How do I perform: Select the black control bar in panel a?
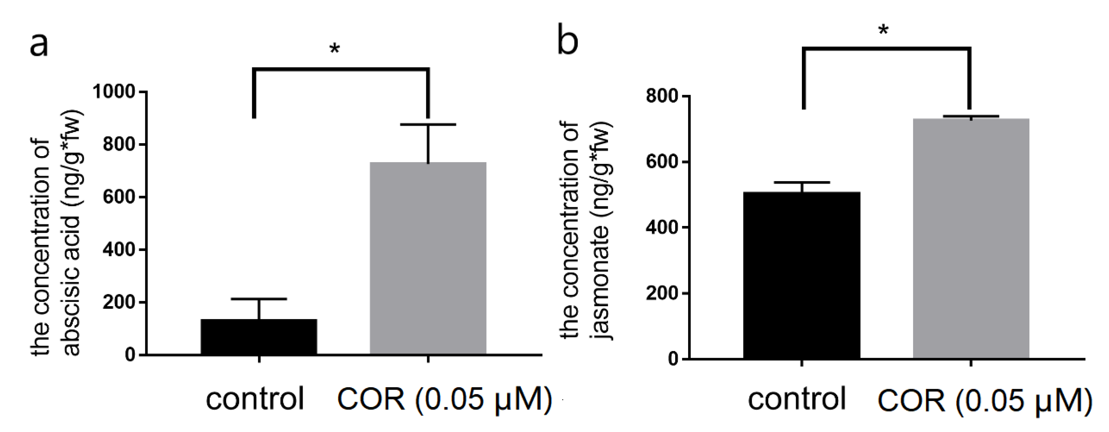(x=259, y=337)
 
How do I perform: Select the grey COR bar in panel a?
(x=428, y=259)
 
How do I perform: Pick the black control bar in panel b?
(x=802, y=276)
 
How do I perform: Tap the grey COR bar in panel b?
(x=971, y=239)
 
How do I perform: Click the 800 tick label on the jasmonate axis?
(x=662, y=96)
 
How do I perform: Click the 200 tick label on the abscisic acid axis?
(x=119, y=302)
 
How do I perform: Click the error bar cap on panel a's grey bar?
(x=428, y=125)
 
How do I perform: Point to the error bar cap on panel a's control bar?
(x=259, y=299)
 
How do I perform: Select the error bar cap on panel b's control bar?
(x=802, y=183)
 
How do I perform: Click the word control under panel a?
(x=255, y=399)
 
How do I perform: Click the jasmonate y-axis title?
(x=585, y=230)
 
